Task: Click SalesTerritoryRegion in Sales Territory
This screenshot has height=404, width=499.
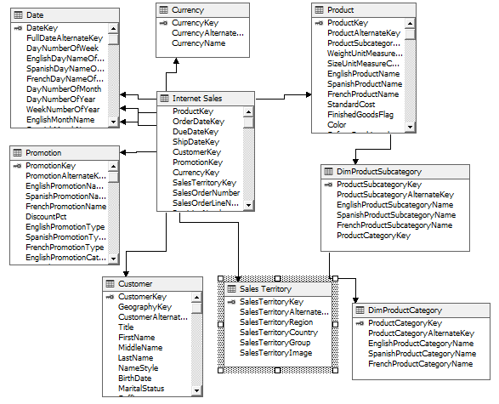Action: coord(276,322)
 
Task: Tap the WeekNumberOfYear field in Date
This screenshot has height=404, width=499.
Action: coord(63,110)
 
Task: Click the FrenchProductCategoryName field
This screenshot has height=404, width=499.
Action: coord(421,364)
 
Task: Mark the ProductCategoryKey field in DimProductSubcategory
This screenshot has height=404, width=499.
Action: coord(374,235)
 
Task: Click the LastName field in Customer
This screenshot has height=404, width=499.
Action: coord(136,357)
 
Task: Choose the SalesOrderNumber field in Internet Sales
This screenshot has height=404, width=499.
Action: coord(206,193)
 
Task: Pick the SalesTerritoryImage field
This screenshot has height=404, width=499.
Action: coord(275,353)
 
